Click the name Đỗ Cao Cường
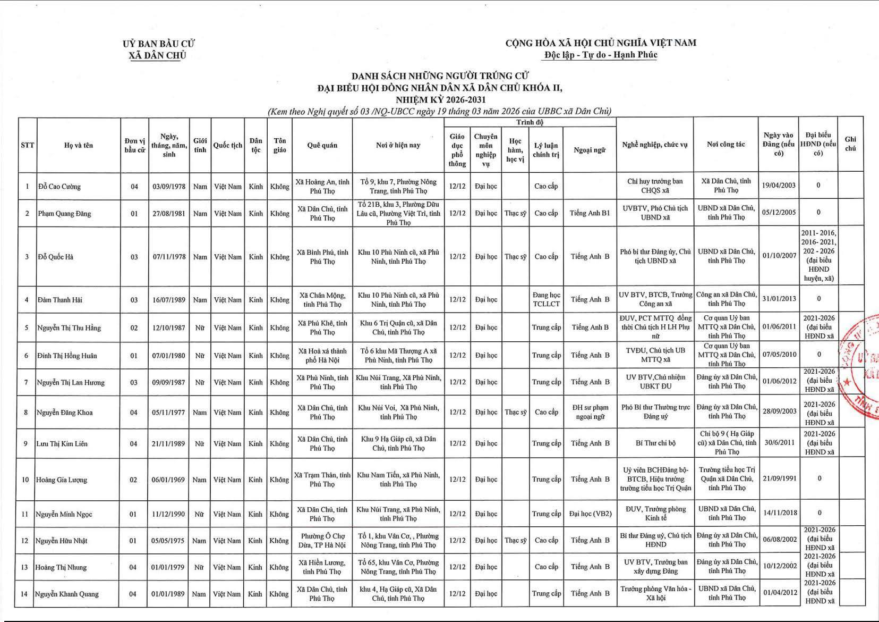pos(59,187)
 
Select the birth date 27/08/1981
pos(169,214)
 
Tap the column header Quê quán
pos(322,145)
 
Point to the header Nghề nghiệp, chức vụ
pos(655,145)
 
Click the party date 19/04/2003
pos(779,186)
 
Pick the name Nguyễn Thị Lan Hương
pos(71,382)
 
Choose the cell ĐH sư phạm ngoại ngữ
pos(590,412)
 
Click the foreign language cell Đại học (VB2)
pos(590,514)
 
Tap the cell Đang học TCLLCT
pos(546,299)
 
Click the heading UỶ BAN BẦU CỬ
pos(158,44)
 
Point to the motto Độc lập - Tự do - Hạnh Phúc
pos(601,55)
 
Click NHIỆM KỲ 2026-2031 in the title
pos(440,99)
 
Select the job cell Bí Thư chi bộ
pos(655,443)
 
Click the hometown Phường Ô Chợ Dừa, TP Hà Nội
pos(322,541)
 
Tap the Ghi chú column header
pos(850,144)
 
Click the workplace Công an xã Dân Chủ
pos(726,299)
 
